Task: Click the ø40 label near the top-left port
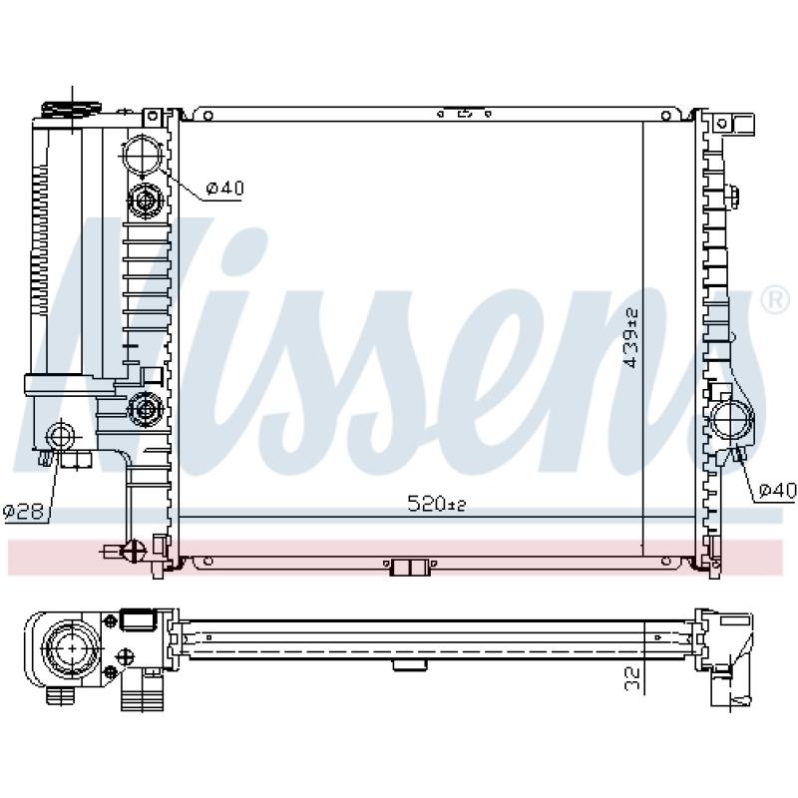point(224,187)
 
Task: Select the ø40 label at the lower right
point(776,490)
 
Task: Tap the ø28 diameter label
point(22,512)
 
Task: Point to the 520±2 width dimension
point(437,506)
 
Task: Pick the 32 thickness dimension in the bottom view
point(631,678)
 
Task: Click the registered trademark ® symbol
point(773,298)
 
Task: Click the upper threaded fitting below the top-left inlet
point(146,200)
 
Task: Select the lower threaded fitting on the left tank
point(146,407)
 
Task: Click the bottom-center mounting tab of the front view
point(409,568)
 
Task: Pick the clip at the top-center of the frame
point(464,113)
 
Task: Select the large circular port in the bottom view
point(75,649)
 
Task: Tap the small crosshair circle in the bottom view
point(127,656)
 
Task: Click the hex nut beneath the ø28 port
point(74,460)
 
